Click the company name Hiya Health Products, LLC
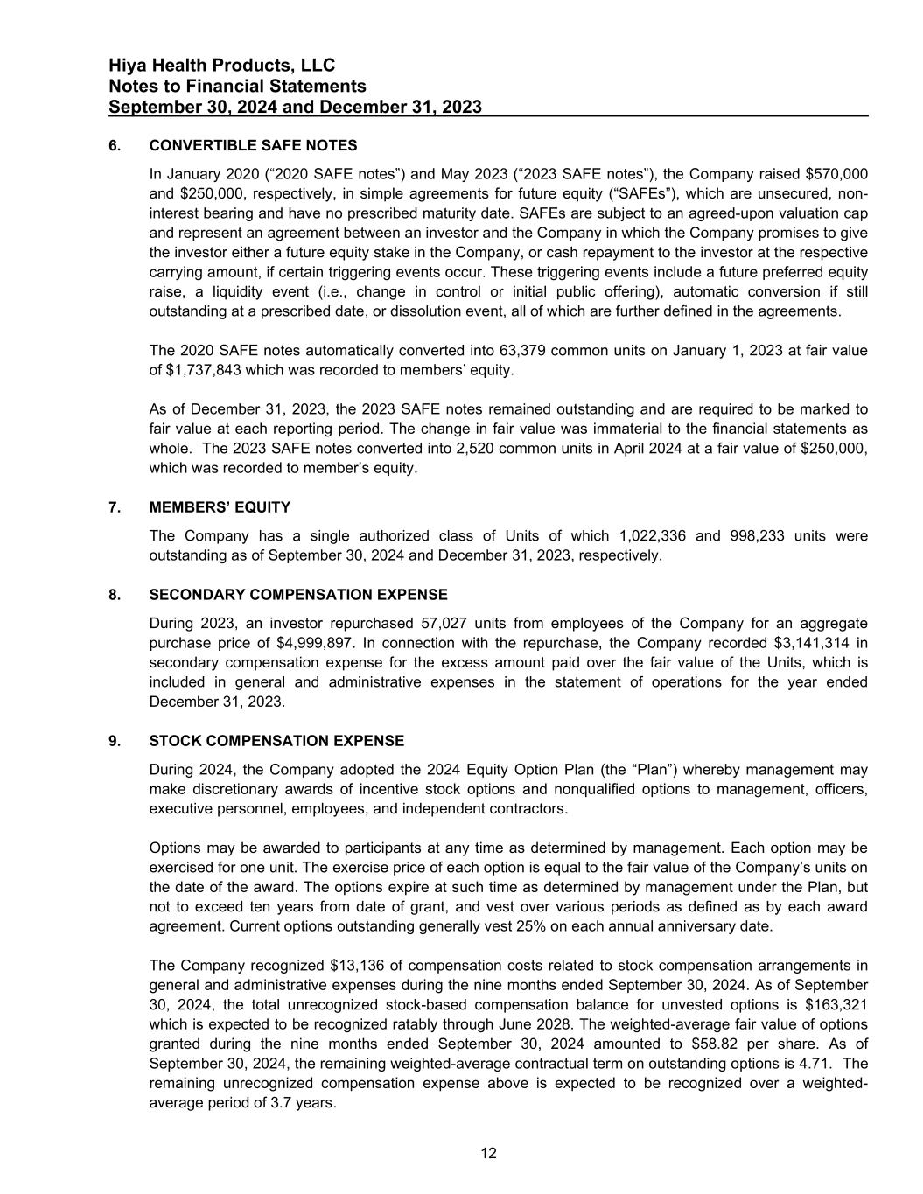(222, 66)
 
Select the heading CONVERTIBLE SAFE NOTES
(253, 145)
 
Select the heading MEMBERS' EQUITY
(220, 507)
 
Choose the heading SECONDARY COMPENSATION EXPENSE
(298, 595)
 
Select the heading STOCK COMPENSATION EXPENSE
(276, 741)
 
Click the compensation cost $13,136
(360, 966)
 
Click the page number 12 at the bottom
(488, 1154)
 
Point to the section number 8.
(114, 595)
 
